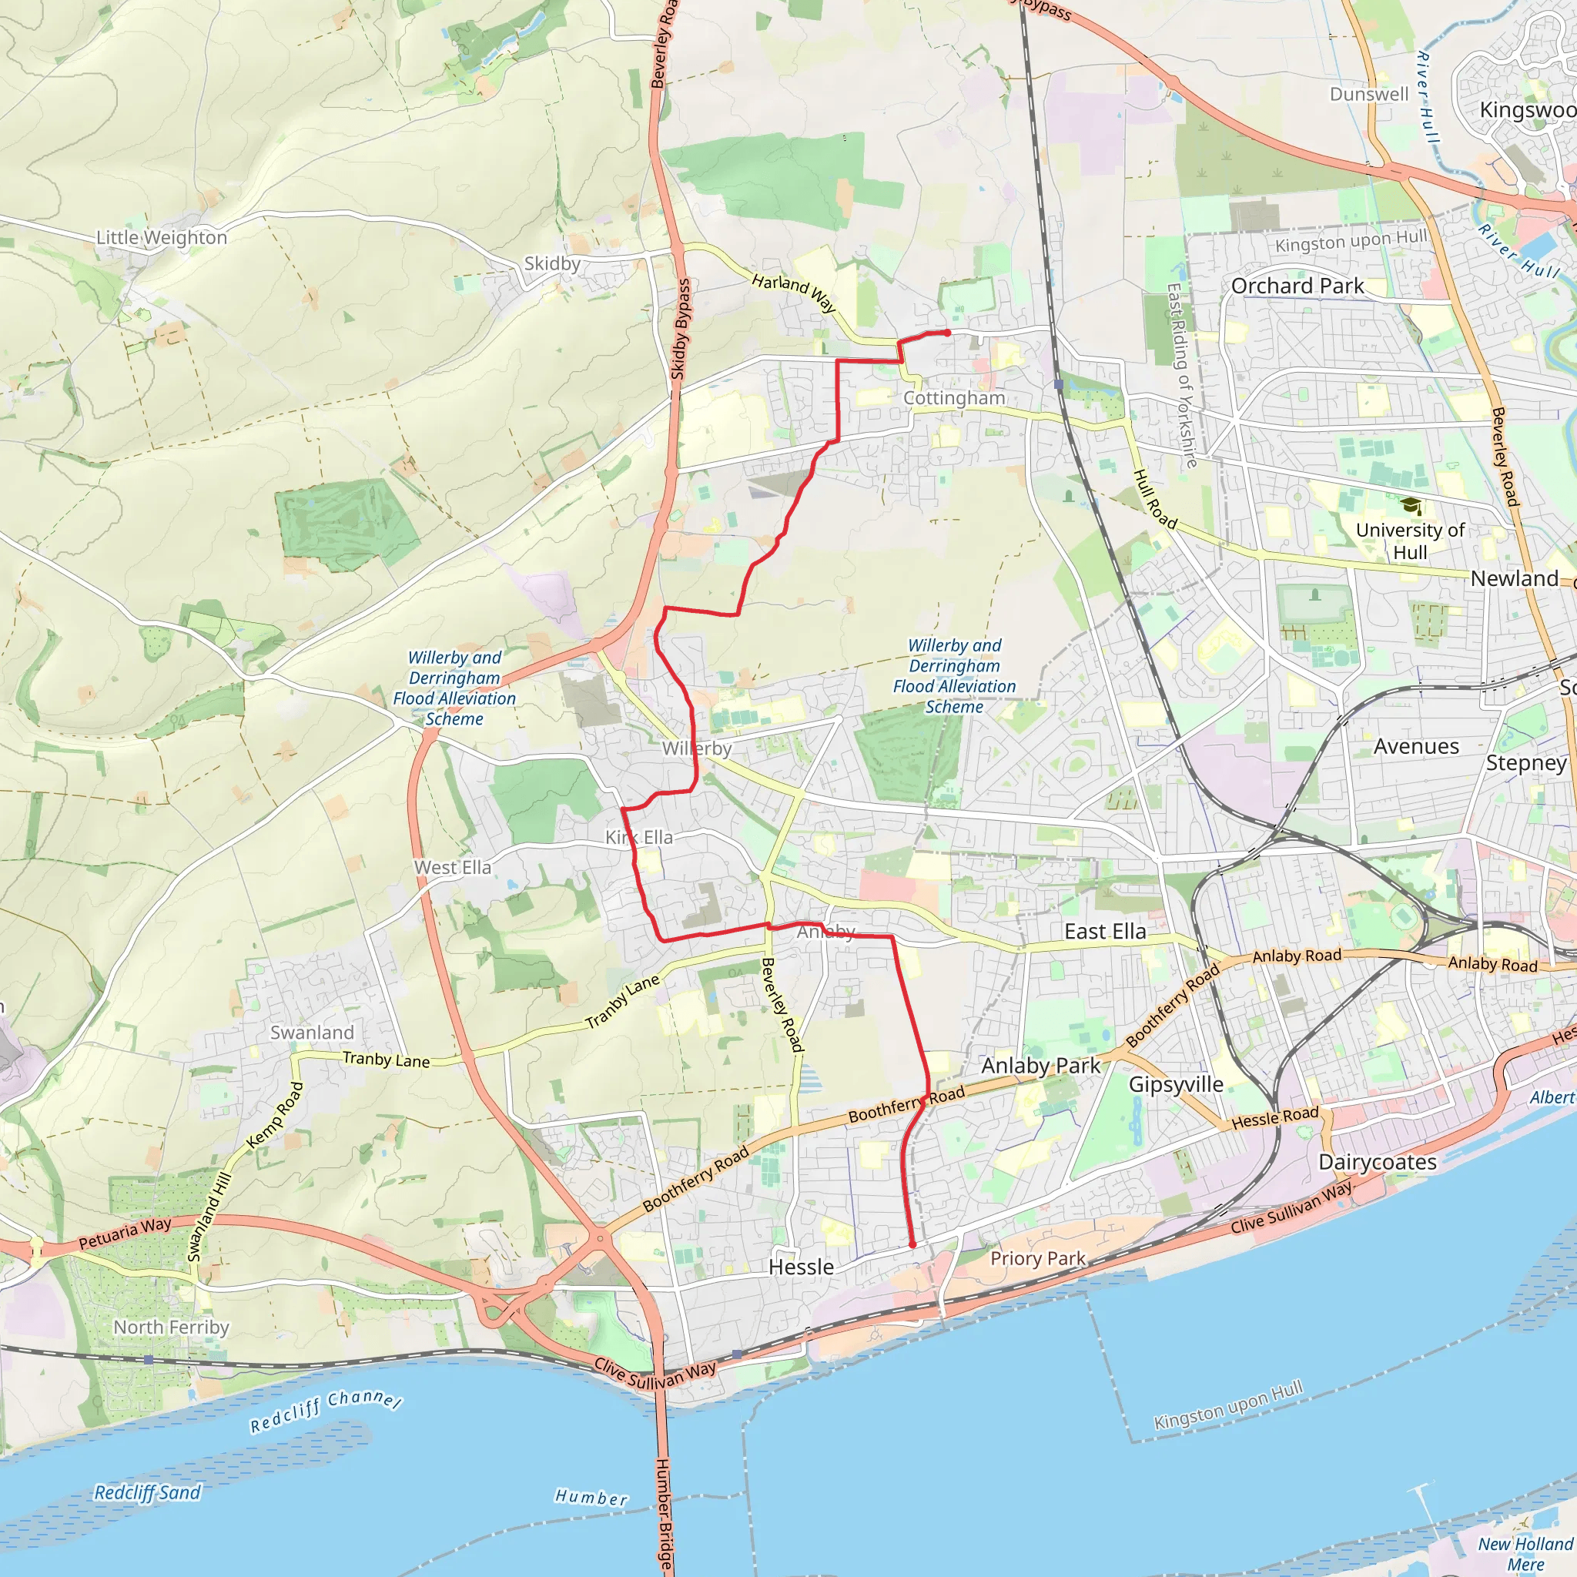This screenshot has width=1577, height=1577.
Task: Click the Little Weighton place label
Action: [162, 237]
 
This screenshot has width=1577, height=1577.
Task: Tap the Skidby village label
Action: [552, 263]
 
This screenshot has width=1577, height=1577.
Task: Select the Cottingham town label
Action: [954, 397]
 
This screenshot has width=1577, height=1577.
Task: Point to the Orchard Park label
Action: [1297, 286]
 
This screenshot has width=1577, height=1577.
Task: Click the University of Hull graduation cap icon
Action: [1411, 507]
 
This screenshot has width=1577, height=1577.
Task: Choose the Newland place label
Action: [1514, 579]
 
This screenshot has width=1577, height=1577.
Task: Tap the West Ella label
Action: [453, 868]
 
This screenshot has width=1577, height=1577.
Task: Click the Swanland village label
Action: [312, 1033]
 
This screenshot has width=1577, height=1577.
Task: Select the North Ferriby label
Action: [172, 1328]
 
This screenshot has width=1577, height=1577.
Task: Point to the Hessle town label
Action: [801, 1267]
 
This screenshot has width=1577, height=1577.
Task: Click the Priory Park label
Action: [1037, 1258]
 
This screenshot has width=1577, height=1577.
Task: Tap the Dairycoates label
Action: [1378, 1162]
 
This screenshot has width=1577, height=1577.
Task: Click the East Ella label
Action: [1104, 932]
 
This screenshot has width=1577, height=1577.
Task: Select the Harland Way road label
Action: [794, 292]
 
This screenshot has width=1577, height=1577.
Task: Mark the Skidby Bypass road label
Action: [680, 329]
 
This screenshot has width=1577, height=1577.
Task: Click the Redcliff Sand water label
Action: [147, 1492]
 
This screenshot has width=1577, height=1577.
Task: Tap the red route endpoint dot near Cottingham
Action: [947, 333]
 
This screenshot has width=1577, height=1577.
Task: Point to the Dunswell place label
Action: [1369, 94]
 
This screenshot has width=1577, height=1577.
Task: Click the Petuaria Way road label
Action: [125, 1233]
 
